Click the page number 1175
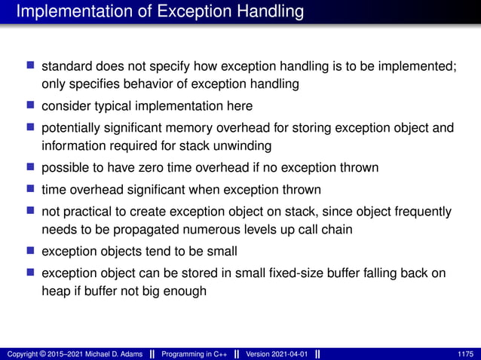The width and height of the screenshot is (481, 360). tap(465, 353)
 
